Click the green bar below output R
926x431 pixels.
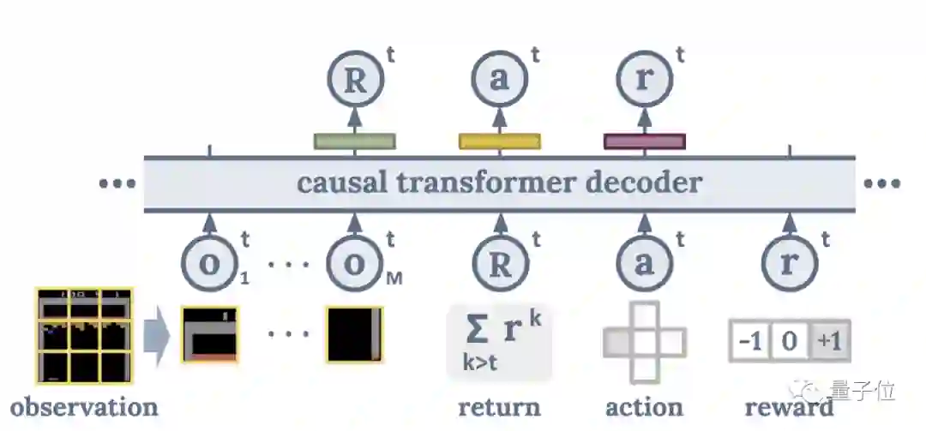[x=354, y=141]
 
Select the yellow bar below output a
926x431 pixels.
[x=500, y=141]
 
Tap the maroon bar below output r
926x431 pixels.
[x=645, y=141]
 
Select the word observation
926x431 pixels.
[x=84, y=406]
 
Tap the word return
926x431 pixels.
[x=499, y=406]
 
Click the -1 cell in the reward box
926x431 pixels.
[x=750, y=342]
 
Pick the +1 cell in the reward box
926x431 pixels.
[x=829, y=342]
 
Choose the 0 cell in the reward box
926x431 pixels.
[x=790, y=342]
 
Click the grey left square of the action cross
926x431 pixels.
[x=618, y=343]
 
